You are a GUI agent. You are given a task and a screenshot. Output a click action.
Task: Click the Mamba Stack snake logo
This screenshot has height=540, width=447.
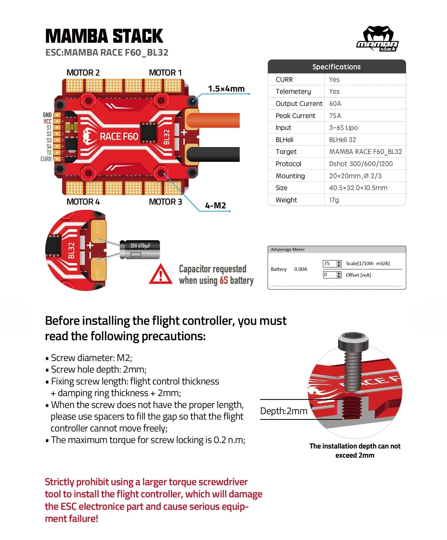point(377,39)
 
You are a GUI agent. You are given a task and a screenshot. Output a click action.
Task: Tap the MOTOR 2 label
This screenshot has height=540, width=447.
point(83,73)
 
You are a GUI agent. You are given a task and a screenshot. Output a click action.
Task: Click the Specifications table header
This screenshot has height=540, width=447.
point(336,67)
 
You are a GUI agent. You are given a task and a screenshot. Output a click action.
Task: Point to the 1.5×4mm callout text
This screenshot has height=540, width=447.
point(226,89)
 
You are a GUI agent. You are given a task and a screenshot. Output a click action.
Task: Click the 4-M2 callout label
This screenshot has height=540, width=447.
point(215,206)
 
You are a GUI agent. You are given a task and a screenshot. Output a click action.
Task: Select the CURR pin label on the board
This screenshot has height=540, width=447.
point(46,159)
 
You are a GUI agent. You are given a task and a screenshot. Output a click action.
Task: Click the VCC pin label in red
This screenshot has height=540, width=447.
point(47,121)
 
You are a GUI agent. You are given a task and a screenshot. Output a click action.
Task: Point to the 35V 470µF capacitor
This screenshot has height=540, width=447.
point(140,250)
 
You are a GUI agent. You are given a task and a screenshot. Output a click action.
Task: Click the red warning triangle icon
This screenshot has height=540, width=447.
point(161,275)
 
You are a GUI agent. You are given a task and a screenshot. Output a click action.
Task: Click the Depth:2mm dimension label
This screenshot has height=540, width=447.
point(284,411)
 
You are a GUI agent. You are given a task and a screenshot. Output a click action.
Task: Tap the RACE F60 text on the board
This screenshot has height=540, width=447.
point(119,136)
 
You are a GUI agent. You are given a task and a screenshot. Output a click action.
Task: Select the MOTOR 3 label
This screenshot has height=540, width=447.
point(165,202)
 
